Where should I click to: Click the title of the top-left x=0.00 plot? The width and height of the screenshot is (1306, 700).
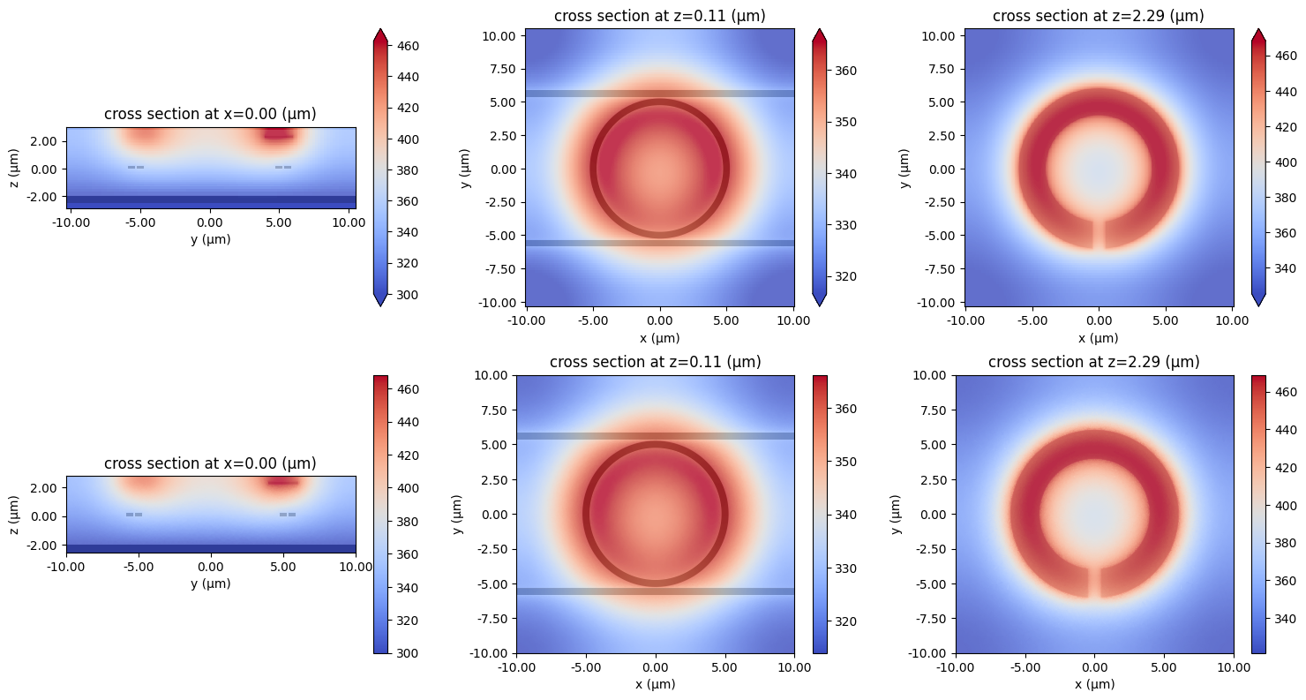tap(210, 114)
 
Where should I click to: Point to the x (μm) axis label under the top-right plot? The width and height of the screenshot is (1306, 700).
tap(1098, 338)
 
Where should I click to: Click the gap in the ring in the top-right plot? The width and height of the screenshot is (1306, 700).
tap(1098, 234)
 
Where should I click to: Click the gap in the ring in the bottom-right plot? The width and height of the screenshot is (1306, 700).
tap(1094, 583)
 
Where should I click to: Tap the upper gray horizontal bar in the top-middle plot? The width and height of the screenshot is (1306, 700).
tap(659, 94)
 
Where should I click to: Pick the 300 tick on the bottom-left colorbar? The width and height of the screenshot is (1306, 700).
tap(409, 653)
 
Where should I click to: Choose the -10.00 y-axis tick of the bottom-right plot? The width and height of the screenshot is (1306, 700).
tap(928, 653)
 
